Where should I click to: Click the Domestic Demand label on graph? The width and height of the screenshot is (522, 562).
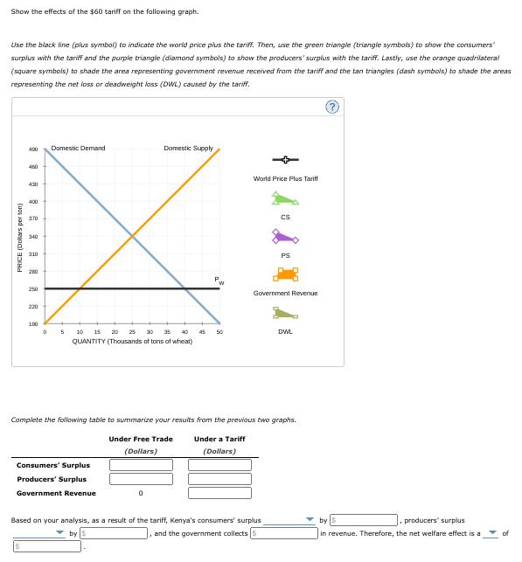tap(78, 149)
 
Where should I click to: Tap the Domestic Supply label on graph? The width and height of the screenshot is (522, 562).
tap(188, 149)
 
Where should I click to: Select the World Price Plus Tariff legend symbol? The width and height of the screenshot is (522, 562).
tap(285, 161)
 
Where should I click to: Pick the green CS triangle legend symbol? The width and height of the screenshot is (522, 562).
tap(284, 199)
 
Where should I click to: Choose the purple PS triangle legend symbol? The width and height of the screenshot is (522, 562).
tap(284, 236)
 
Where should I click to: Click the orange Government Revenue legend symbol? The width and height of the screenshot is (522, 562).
tap(285, 274)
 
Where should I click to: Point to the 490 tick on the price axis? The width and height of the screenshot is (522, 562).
tap(34, 149)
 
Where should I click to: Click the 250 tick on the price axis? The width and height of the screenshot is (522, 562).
tap(34, 288)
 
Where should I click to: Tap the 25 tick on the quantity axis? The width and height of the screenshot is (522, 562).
tap(132, 331)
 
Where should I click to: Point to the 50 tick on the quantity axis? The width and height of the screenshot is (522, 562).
tap(219, 331)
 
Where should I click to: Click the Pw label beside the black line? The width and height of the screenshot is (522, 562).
tap(220, 279)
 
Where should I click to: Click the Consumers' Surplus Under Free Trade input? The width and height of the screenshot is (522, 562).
tap(140, 465)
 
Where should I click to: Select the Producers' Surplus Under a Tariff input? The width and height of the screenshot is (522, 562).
tap(219, 479)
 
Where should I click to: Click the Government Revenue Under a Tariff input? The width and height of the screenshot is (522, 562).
tap(219, 493)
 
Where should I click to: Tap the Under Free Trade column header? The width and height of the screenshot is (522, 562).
tap(140, 439)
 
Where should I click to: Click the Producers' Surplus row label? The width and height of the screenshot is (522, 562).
tap(52, 479)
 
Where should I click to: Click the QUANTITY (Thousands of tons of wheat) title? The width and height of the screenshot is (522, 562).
tap(132, 341)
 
